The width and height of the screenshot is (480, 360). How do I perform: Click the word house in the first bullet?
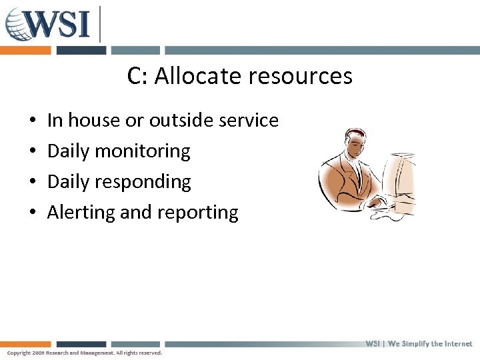[x=90, y=121]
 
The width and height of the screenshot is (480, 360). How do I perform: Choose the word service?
[x=248, y=121]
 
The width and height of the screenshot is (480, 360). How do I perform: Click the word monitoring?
[x=142, y=151]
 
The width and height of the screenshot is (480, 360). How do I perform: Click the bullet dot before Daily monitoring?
[x=33, y=152]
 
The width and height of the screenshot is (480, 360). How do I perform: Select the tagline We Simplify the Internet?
[x=430, y=344]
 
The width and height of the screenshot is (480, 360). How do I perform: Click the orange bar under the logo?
[x=25, y=50]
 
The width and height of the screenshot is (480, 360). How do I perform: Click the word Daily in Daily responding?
[x=69, y=182]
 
